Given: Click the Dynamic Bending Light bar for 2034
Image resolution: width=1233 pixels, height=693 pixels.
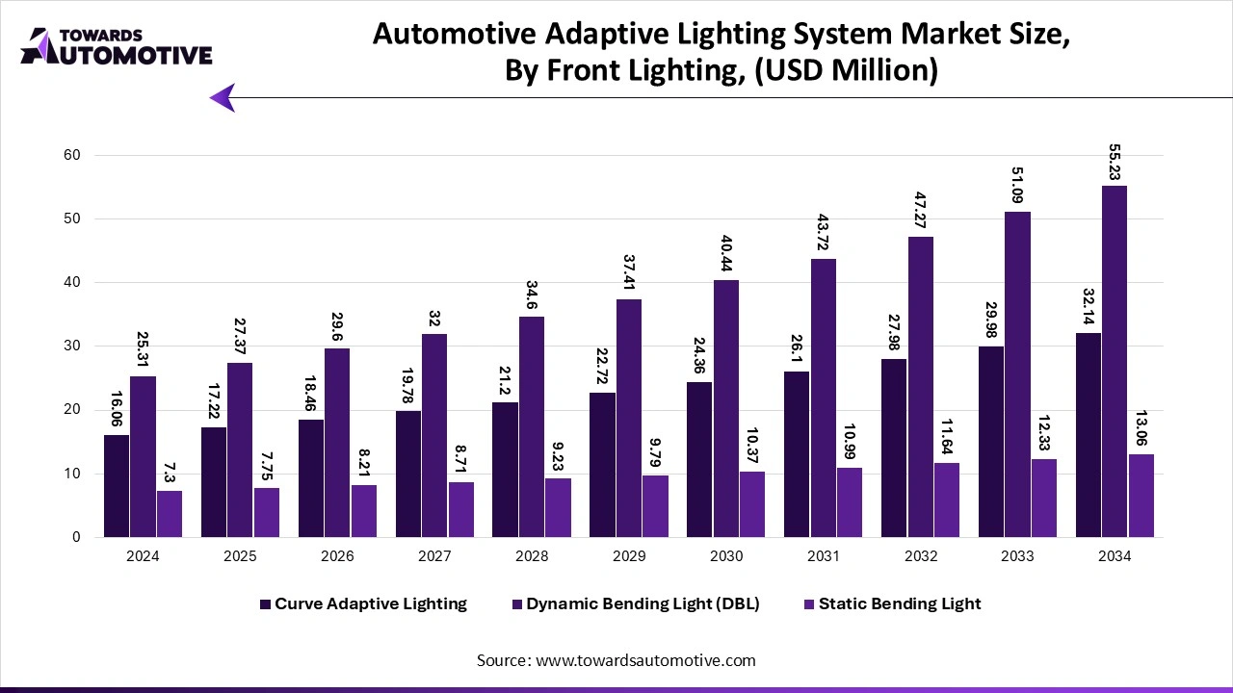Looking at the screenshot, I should [1115, 361].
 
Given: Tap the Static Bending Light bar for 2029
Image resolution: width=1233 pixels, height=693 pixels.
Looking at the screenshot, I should [655, 506].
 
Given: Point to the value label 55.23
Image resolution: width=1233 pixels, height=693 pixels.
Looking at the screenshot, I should [1115, 163].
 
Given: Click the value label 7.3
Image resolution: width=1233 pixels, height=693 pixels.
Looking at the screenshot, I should [170, 473].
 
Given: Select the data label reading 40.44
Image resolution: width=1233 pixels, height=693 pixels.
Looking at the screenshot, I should [726, 257].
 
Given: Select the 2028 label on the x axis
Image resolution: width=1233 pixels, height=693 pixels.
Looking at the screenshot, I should [532, 556].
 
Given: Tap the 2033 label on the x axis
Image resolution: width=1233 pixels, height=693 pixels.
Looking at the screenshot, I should [1017, 556].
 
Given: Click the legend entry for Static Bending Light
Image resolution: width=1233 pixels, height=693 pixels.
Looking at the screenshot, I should [899, 603].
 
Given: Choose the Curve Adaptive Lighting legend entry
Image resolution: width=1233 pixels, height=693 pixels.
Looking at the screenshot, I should [370, 603].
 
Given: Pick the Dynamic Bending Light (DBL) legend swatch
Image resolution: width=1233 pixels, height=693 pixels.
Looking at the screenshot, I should [517, 603].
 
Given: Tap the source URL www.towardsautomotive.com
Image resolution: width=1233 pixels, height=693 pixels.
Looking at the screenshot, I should [644, 660].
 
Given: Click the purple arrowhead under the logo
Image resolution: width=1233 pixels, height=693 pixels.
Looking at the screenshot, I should [223, 97].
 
